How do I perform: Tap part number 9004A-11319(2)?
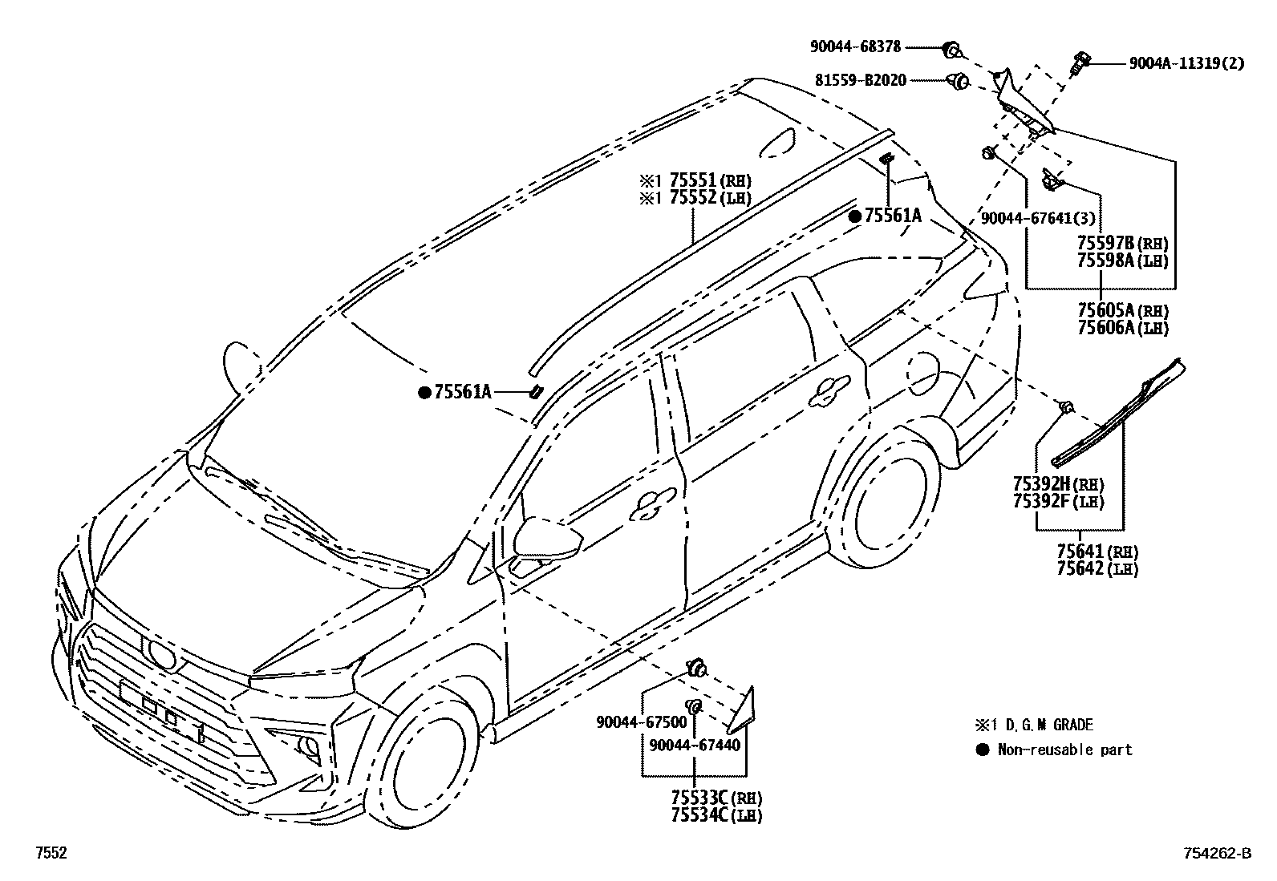(x=1186, y=63)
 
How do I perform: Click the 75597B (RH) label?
(x=1122, y=243)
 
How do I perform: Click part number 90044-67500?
(x=641, y=721)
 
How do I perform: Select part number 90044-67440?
(x=694, y=745)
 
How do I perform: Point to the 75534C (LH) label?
(x=716, y=815)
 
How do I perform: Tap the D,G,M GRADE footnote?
(x=1043, y=725)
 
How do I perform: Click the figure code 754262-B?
(x=1216, y=854)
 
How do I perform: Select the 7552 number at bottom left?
(x=51, y=854)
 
